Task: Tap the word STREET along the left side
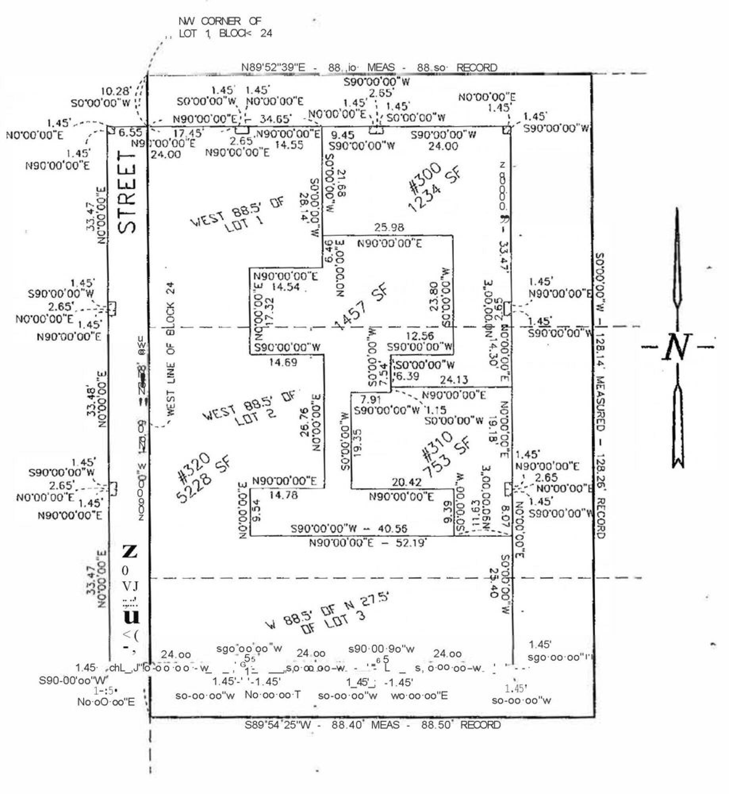point(128,193)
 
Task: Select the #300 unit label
point(424,177)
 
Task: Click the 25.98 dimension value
point(389,227)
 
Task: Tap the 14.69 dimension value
point(283,362)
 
